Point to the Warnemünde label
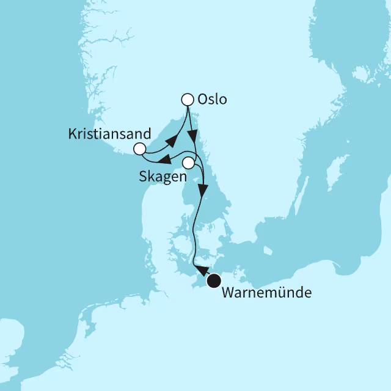[x=266, y=293]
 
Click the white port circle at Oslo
[x=188, y=99]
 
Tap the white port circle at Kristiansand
[x=139, y=149]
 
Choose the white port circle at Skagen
[x=189, y=163]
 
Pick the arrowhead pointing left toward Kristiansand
[x=164, y=159]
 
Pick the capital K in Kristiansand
[x=72, y=133]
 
